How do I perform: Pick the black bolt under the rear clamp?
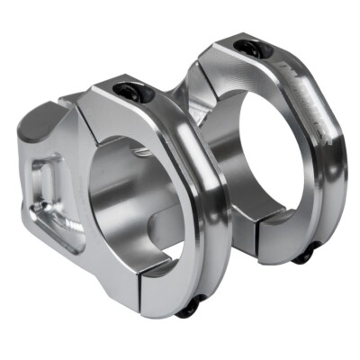pyautogui.click(x=303, y=256)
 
